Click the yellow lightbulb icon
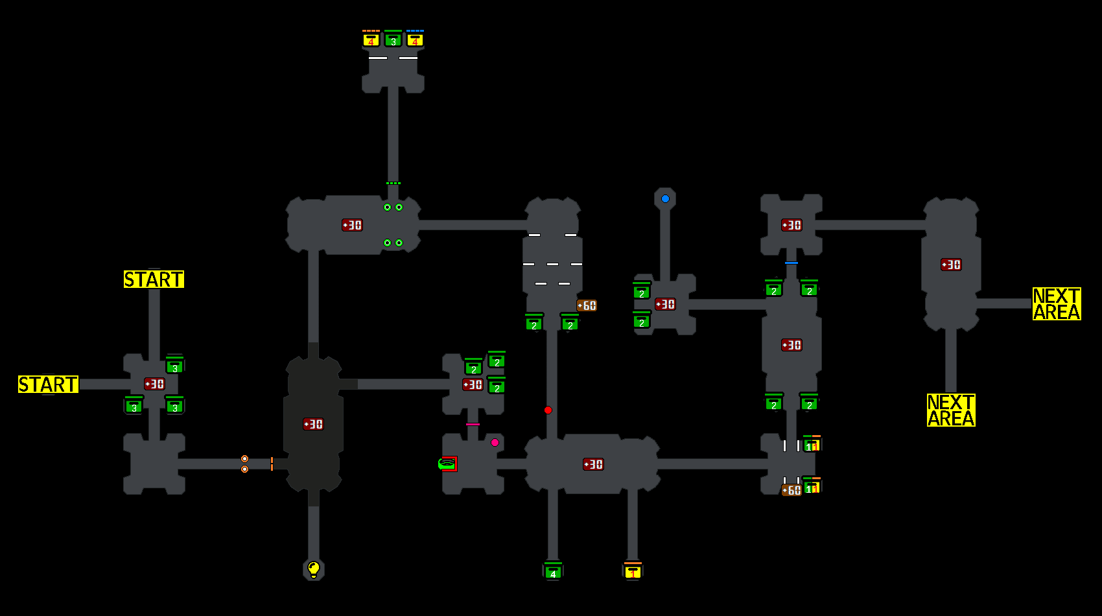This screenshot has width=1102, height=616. click(x=314, y=569)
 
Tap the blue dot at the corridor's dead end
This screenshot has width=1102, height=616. click(x=665, y=199)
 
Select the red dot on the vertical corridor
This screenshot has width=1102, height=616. click(x=548, y=410)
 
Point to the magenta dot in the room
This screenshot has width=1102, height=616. click(x=495, y=442)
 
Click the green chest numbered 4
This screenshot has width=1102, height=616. click(x=553, y=571)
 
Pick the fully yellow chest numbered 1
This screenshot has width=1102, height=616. click(x=633, y=571)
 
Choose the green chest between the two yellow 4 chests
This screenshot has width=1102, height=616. click(x=393, y=40)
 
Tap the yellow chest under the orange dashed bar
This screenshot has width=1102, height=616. click(x=371, y=40)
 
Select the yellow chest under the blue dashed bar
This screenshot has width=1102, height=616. click(x=415, y=40)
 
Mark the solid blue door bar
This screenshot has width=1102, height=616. click(x=791, y=263)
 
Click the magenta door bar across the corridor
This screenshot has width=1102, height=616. click(x=473, y=424)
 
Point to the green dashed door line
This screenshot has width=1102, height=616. click(x=393, y=184)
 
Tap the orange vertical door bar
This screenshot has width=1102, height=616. click(x=272, y=464)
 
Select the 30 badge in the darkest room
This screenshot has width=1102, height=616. click(x=313, y=424)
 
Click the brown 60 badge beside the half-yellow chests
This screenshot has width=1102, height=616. click(x=791, y=490)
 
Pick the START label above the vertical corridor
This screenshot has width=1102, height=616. click(x=154, y=279)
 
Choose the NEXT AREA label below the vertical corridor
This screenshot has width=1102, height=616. click(x=951, y=410)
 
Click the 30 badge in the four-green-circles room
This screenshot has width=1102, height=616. click(x=352, y=225)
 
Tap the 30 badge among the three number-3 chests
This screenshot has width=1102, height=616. click(x=154, y=384)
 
